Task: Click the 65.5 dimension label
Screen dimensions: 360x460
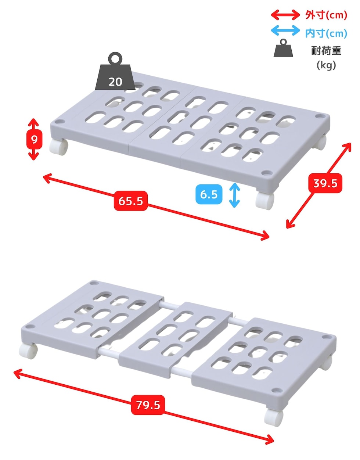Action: click(130, 201)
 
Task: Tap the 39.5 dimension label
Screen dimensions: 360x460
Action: click(325, 183)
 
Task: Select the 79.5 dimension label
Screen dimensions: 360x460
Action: click(148, 405)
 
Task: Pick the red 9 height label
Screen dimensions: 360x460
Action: click(34, 140)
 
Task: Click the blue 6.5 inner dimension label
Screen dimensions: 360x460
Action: click(209, 194)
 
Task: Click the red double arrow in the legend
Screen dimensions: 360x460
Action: click(285, 15)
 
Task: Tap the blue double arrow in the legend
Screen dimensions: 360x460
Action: click(285, 30)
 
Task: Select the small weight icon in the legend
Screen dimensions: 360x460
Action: click(283, 48)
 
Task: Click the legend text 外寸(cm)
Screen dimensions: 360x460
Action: click(326, 15)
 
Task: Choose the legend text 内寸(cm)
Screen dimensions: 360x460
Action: click(326, 33)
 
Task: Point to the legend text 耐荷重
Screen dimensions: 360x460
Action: click(326, 51)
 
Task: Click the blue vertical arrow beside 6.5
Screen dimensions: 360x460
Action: click(234, 195)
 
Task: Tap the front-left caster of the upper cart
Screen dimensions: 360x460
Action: click(59, 147)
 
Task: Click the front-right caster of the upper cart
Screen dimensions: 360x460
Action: click(264, 200)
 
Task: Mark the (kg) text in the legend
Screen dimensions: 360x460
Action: click(326, 65)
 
